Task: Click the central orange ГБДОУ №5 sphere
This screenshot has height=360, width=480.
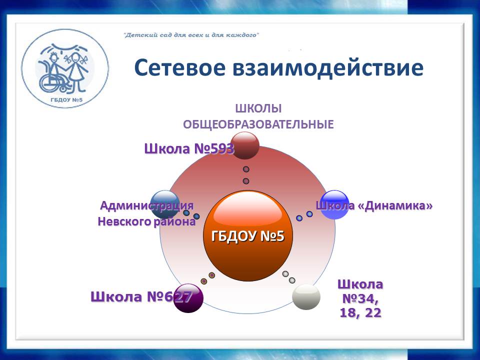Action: pyautogui.click(x=248, y=235)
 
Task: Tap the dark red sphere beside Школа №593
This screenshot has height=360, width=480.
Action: pyautogui.click(x=245, y=145)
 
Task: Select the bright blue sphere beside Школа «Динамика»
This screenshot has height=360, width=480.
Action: pyautogui.click(x=334, y=205)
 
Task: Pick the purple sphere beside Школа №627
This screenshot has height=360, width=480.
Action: pyautogui.click(x=188, y=298)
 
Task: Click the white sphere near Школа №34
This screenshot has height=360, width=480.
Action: pyautogui.click(x=306, y=296)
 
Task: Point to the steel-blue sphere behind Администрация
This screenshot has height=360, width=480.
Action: pyautogui.click(x=165, y=204)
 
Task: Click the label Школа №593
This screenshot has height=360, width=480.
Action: pyautogui.click(x=189, y=149)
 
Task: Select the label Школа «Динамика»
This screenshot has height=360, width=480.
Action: pyautogui.click(x=374, y=205)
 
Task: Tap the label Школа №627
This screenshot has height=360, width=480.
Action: pyautogui.click(x=141, y=296)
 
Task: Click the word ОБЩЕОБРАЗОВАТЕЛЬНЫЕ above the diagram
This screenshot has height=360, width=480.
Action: pyautogui.click(x=258, y=124)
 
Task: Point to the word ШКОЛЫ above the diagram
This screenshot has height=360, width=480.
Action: pyautogui.click(x=258, y=108)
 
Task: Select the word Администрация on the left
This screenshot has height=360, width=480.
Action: pyautogui.click(x=147, y=205)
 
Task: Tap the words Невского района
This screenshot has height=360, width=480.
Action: pyautogui.click(x=146, y=221)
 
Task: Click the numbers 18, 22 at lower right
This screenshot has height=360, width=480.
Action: pyautogui.click(x=360, y=312)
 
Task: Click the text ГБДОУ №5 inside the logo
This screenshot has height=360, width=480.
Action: pyautogui.click(x=66, y=100)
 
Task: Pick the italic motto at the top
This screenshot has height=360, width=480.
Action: pyautogui.click(x=191, y=35)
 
